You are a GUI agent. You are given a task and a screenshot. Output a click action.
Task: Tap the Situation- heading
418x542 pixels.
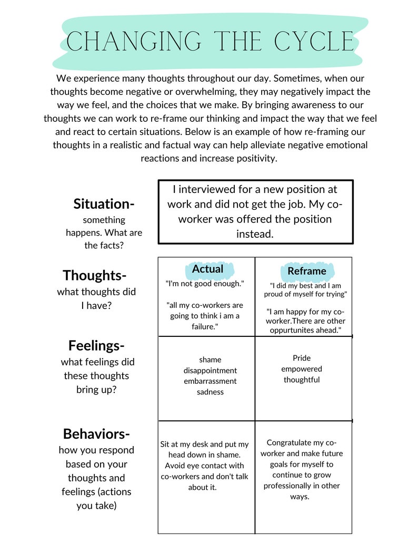click(104, 204)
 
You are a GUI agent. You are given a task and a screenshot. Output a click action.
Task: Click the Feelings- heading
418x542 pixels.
click(96, 346)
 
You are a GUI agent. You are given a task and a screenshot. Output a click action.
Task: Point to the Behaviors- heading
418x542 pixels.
click(96, 434)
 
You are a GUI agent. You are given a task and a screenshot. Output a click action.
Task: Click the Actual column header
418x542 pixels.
click(207, 269)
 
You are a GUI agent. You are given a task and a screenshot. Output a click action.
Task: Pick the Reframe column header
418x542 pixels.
click(306, 271)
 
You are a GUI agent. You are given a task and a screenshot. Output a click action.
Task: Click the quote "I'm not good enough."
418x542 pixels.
click(205, 284)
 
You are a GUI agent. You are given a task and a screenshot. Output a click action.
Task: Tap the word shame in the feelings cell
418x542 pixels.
click(210, 360)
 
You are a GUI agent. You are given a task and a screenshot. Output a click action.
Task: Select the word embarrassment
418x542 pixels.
click(210, 381)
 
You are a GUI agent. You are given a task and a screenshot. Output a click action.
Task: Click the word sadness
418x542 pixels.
click(210, 392)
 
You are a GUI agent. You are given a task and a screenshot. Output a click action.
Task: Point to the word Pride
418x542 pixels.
click(302, 358)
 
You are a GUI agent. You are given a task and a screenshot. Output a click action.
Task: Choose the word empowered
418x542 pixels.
click(302, 369)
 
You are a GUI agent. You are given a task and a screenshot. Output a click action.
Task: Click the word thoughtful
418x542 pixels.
click(302, 380)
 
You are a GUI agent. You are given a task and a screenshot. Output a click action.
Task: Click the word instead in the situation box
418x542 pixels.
click(255, 234)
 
